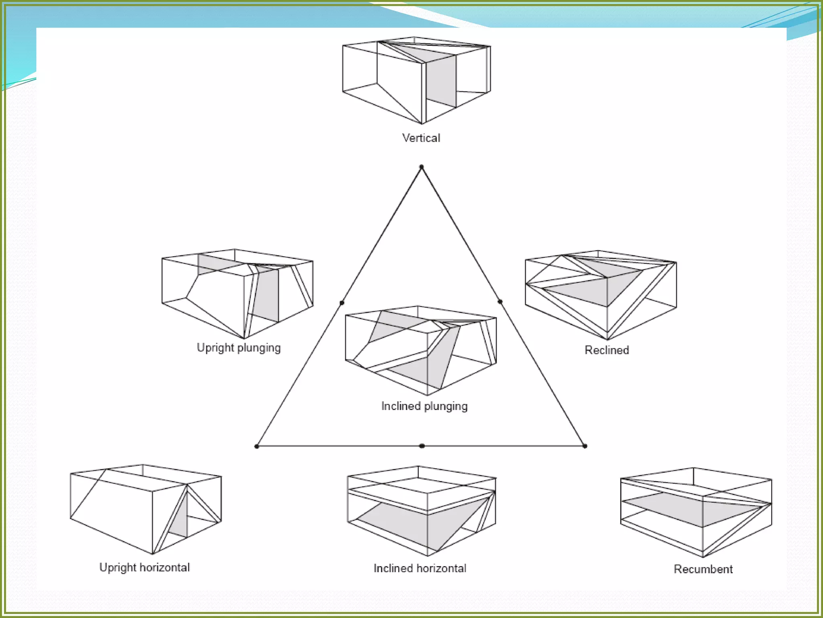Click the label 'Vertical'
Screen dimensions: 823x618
[421, 138]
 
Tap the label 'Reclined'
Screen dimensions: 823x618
[606, 350]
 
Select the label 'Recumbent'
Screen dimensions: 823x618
[703, 569]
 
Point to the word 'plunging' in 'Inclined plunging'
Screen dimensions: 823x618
[446, 406]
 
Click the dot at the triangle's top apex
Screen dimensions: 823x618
[421, 167]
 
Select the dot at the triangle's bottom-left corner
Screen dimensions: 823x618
[257, 446]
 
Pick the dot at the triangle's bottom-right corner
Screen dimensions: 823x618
[585, 446]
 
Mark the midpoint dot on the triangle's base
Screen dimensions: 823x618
[422, 446]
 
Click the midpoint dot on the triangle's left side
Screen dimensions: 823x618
[342, 303]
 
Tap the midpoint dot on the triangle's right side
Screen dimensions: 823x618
[500, 301]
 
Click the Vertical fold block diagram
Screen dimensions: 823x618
[416, 80]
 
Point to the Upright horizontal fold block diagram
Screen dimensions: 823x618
[145, 509]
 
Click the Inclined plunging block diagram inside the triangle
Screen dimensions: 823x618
[421, 350]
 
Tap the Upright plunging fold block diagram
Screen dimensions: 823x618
[237, 294]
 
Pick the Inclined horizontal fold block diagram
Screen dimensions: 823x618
[422, 511]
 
